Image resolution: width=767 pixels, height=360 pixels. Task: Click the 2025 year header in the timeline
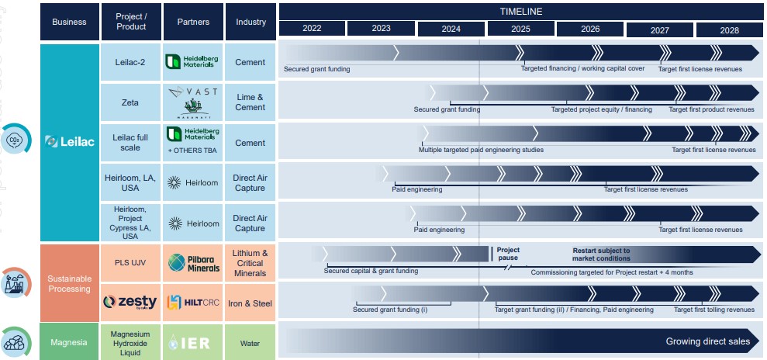click(520, 29)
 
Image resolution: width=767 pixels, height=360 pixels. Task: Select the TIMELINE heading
click(520, 11)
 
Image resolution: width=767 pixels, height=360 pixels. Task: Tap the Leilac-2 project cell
click(130, 62)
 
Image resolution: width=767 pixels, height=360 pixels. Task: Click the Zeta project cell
click(130, 102)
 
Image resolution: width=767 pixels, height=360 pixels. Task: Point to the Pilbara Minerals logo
click(193, 263)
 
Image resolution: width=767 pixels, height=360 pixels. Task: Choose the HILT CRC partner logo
click(193, 302)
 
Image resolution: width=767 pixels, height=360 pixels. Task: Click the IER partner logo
click(193, 342)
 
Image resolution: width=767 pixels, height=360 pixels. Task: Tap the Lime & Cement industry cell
click(250, 102)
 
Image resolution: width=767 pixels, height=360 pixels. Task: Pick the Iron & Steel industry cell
click(250, 302)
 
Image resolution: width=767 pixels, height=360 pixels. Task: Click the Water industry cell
click(250, 342)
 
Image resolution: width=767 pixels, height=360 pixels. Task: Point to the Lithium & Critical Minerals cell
click(250, 263)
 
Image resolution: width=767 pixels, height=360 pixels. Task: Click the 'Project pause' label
click(508, 254)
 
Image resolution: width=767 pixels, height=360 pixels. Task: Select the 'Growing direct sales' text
click(707, 341)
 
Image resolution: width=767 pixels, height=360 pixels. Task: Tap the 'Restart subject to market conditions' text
click(601, 254)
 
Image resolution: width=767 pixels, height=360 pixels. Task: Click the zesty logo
click(130, 302)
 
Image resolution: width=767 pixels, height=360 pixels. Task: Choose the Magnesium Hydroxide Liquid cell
click(130, 342)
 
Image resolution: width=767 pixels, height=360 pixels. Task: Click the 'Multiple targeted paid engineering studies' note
click(481, 150)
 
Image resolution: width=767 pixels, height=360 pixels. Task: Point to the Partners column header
click(193, 22)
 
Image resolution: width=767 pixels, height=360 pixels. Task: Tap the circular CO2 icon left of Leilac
click(15, 140)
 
